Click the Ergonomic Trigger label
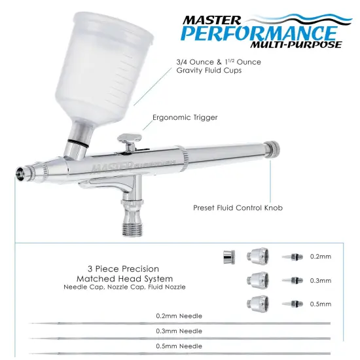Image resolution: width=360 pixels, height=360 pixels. point(185,118)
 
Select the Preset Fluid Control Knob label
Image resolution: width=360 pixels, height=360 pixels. point(238,208)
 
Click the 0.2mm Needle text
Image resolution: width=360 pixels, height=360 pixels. point(179,316)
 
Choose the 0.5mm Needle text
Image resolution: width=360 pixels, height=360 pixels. point(179,346)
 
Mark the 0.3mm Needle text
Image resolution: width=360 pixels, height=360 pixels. point(179,331)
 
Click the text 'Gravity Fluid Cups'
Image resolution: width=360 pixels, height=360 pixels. point(209,70)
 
